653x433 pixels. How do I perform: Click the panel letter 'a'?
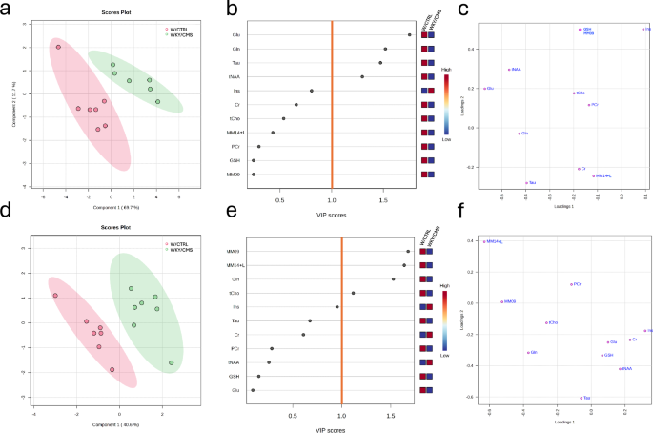tap(7, 8)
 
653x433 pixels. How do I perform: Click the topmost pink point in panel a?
tap(58, 47)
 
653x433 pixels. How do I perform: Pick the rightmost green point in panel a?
tap(157, 101)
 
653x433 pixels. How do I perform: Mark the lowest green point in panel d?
tap(172, 363)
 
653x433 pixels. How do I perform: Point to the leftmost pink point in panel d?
tap(55, 296)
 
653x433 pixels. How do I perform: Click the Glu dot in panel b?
tap(410, 34)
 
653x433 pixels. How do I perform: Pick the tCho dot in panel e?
tap(354, 293)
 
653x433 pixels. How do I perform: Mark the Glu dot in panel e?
tap(253, 390)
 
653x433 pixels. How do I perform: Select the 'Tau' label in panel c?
tap(532, 182)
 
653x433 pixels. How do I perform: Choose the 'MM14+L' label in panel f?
tap(495, 241)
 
